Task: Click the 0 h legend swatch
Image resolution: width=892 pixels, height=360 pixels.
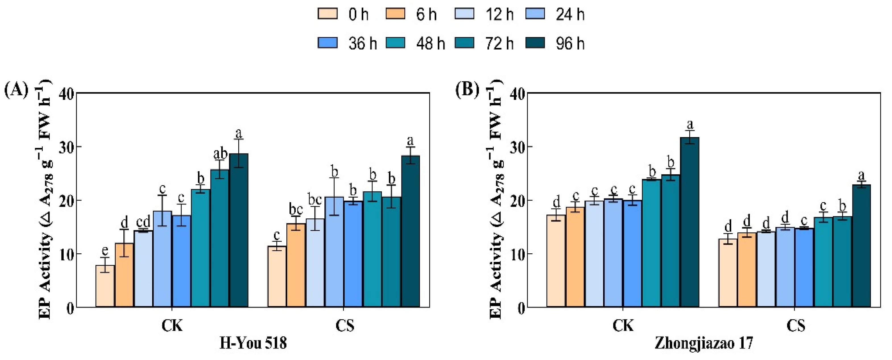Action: pos(327,14)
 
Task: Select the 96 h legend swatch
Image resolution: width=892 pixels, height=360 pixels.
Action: pos(535,43)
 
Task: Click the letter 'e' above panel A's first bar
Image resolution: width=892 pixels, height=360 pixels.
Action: pos(105,250)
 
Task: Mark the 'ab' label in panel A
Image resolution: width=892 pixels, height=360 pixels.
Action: pos(220,153)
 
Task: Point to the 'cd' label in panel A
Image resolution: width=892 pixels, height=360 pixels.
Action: pos(143,222)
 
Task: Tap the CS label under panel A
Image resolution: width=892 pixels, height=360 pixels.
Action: pos(345,326)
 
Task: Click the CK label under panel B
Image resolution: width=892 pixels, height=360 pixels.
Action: pos(623,326)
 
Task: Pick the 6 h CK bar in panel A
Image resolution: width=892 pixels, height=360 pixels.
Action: pos(124,275)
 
